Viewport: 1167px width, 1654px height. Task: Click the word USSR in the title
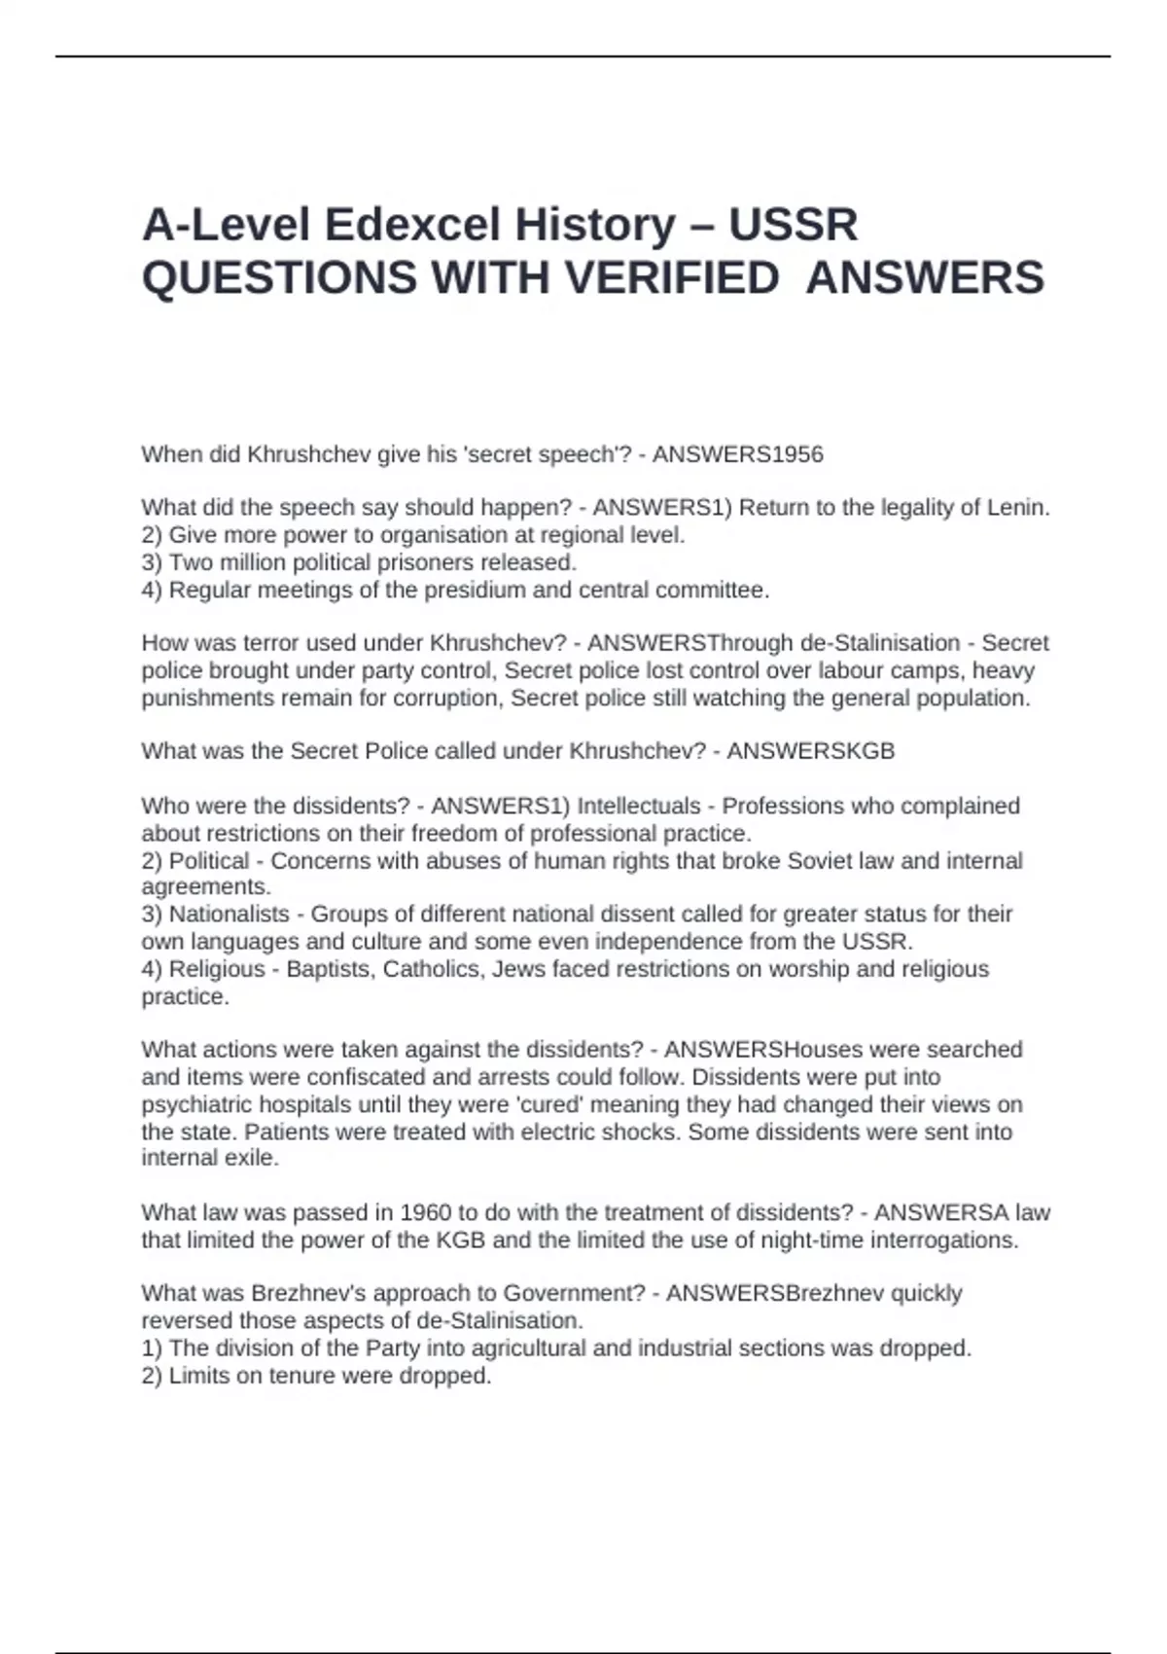click(793, 225)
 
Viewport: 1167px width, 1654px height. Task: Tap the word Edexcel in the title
click(411, 225)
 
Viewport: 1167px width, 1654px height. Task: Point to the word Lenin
click(1018, 507)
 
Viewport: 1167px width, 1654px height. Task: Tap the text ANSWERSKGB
click(810, 751)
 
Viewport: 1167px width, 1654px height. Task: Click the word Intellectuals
click(638, 806)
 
